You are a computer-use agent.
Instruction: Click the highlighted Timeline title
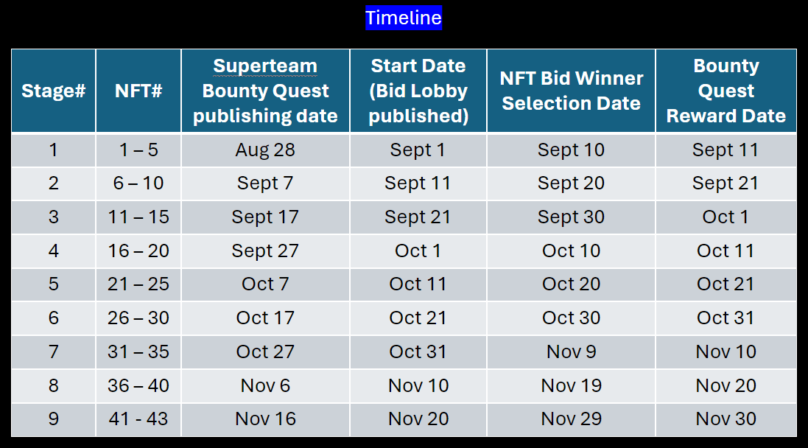click(404, 18)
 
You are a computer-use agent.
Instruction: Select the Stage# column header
click(54, 91)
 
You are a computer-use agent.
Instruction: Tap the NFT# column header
click(138, 91)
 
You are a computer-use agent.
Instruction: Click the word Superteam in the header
click(265, 66)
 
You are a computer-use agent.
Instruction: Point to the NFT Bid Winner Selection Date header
click(571, 91)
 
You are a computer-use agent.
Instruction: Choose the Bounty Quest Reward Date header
click(726, 91)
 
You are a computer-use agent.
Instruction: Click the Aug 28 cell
click(265, 150)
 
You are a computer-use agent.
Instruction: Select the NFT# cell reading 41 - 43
click(138, 419)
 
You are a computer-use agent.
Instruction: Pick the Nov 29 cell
click(571, 419)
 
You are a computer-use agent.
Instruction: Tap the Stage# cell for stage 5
click(54, 284)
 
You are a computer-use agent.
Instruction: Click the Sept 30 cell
click(571, 217)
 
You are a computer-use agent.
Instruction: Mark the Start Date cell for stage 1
click(418, 150)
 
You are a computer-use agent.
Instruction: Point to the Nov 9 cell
click(571, 351)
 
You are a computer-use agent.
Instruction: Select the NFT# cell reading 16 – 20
click(138, 251)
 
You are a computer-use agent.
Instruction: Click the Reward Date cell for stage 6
click(726, 318)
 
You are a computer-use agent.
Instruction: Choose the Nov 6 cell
click(265, 385)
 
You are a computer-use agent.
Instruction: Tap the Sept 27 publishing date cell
click(265, 251)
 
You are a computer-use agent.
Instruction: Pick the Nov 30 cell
click(726, 419)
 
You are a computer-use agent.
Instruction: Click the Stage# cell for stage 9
click(54, 419)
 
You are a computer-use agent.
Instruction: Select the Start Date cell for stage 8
click(418, 385)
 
